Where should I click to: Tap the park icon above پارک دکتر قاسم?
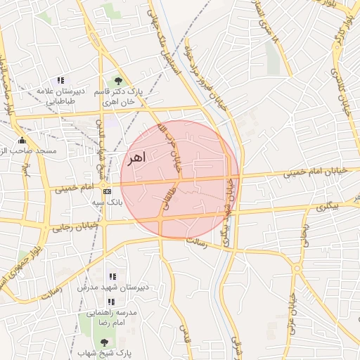pyautogui.click(x=117, y=82)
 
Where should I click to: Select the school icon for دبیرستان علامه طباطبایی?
pyautogui.click(x=60, y=81)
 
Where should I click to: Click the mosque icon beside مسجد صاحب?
pyautogui.click(x=22, y=140)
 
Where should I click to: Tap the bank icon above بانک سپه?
pyautogui.click(x=107, y=191)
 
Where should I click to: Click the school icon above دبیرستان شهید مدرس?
pyautogui.click(x=110, y=276)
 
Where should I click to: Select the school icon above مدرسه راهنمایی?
pyautogui.click(x=110, y=302)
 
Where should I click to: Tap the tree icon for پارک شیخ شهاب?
pyautogui.click(x=105, y=342)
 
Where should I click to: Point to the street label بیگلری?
pyautogui.click(x=326, y=207)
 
